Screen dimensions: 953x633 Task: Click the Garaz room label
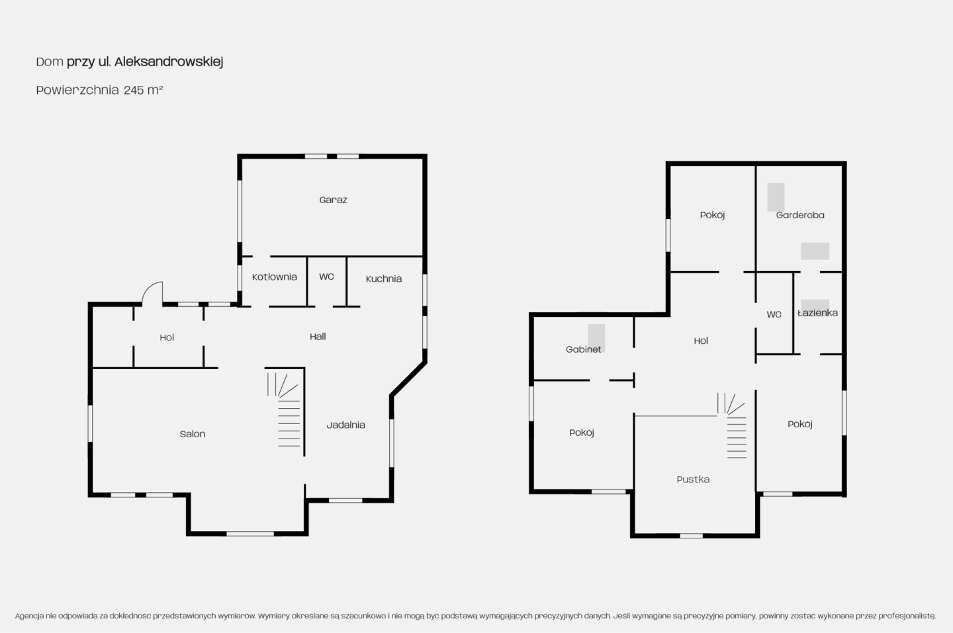click(x=333, y=200)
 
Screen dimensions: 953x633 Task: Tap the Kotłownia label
click(x=275, y=277)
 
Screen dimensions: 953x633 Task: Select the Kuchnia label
click(x=384, y=279)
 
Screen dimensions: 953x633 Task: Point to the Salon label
click(x=193, y=434)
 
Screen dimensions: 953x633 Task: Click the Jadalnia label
click(x=346, y=425)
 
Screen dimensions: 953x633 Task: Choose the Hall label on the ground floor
click(x=318, y=337)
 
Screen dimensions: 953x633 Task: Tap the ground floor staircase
click(x=284, y=410)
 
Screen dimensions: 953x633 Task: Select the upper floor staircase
click(x=733, y=425)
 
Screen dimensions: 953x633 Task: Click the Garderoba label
click(x=800, y=215)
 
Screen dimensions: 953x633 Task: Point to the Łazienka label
click(x=818, y=313)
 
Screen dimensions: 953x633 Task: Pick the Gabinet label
click(x=583, y=349)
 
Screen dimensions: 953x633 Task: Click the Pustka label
click(x=693, y=480)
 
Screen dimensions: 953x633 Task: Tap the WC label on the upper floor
click(x=774, y=315)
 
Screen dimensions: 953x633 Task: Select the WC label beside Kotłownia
click(x=326, y=276)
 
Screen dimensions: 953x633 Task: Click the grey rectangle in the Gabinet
click(x=596, y=338)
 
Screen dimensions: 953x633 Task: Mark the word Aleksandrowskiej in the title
click(x=169, y=62)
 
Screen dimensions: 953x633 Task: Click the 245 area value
click(x=134, y=90)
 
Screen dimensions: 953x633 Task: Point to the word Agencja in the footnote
click(x=29, y=616)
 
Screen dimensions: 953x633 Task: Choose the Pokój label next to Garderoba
click(x=712, y=215)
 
